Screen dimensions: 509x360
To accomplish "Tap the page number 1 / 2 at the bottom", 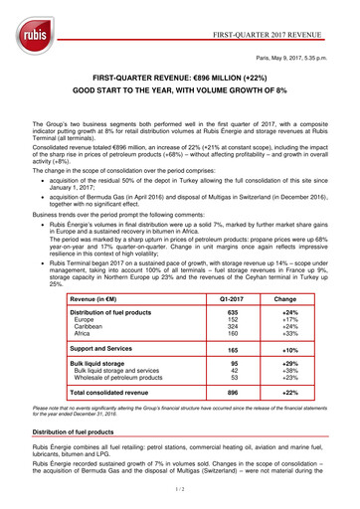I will pyautogui.click(x=180, y=490).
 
